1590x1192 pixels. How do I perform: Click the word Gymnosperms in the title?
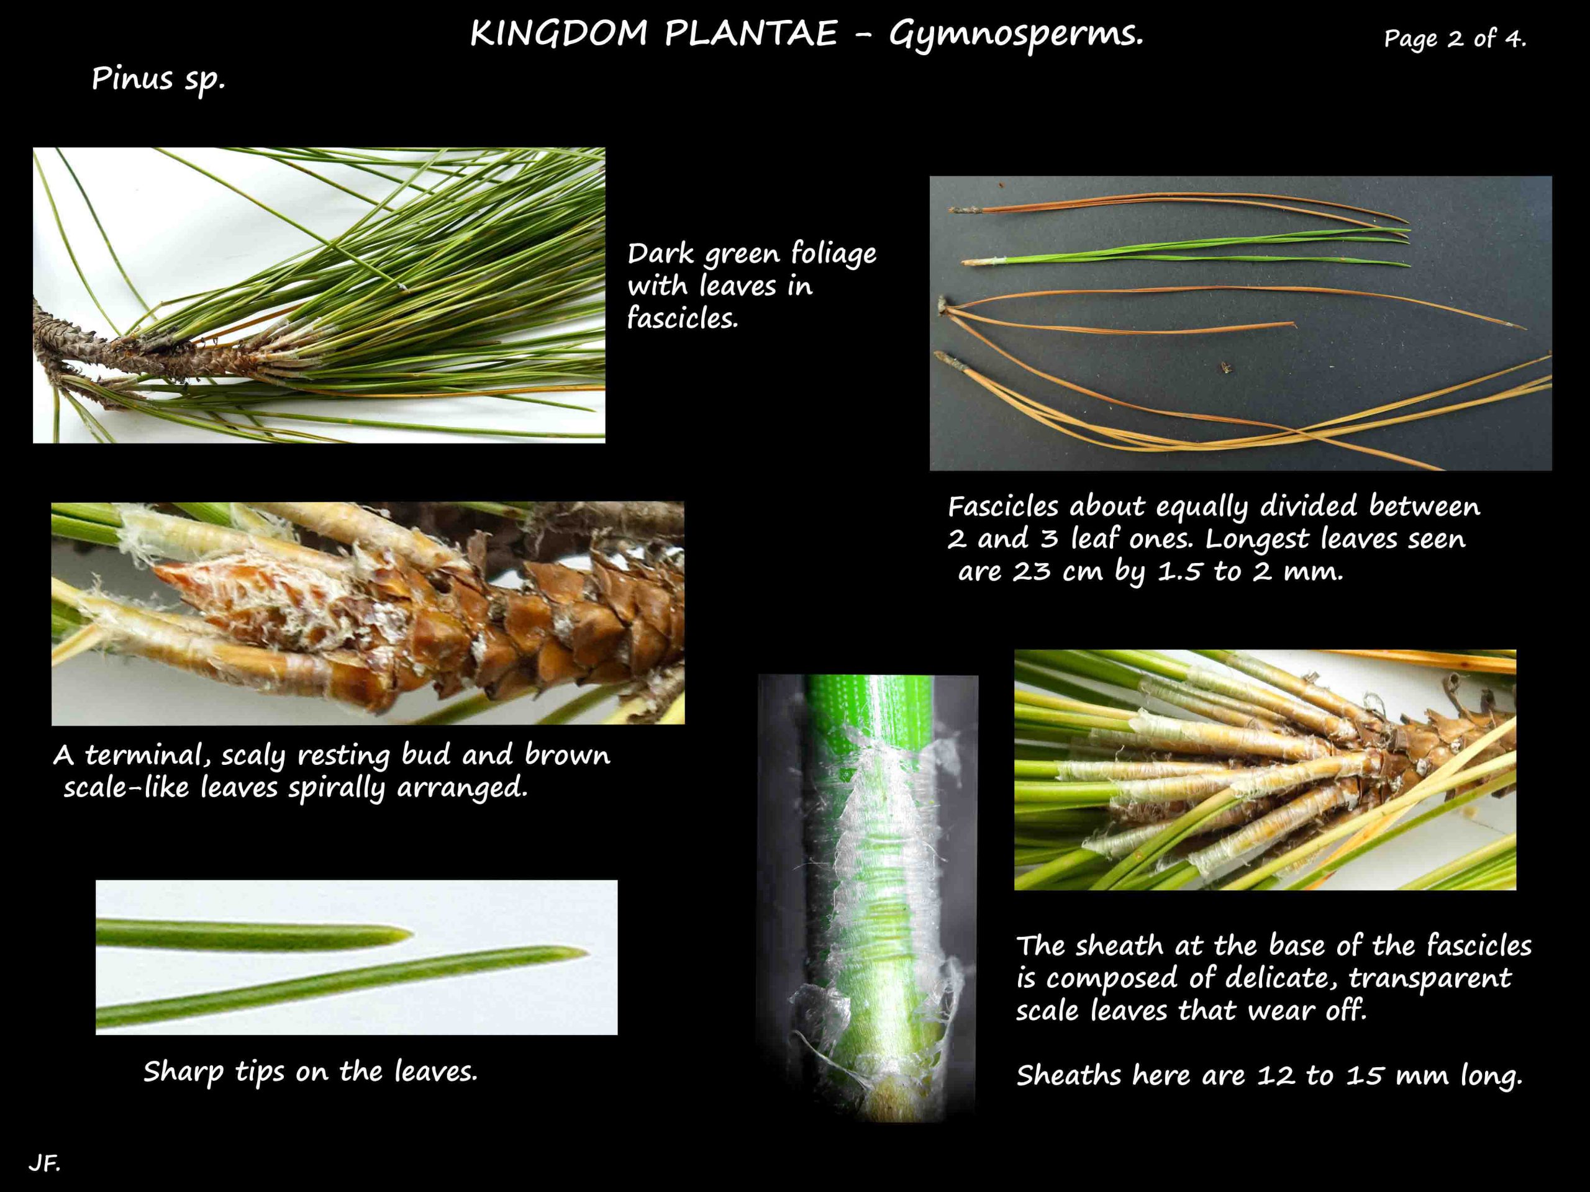1015,34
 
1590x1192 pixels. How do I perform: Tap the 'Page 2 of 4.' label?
1454,38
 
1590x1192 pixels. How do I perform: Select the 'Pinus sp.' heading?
158,79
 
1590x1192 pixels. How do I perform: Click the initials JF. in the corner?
44,1163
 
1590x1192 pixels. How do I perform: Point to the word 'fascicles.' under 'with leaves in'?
682,318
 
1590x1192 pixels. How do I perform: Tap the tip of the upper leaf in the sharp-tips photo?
412,934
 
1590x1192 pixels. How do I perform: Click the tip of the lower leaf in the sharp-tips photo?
586,954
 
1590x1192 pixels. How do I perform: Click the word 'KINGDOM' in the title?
559,34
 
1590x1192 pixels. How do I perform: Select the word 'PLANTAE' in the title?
750,34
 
